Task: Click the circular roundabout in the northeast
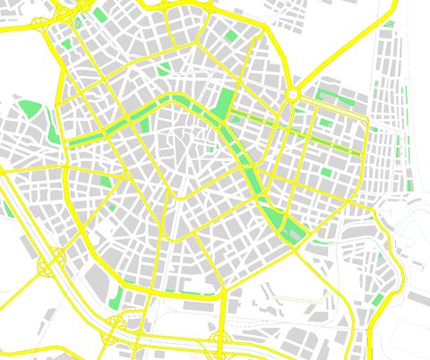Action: pos(292,94)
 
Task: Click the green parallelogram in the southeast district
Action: pos(378,298)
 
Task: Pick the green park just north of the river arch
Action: pos(164,69)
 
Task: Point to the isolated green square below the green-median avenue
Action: pos(325,172)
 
